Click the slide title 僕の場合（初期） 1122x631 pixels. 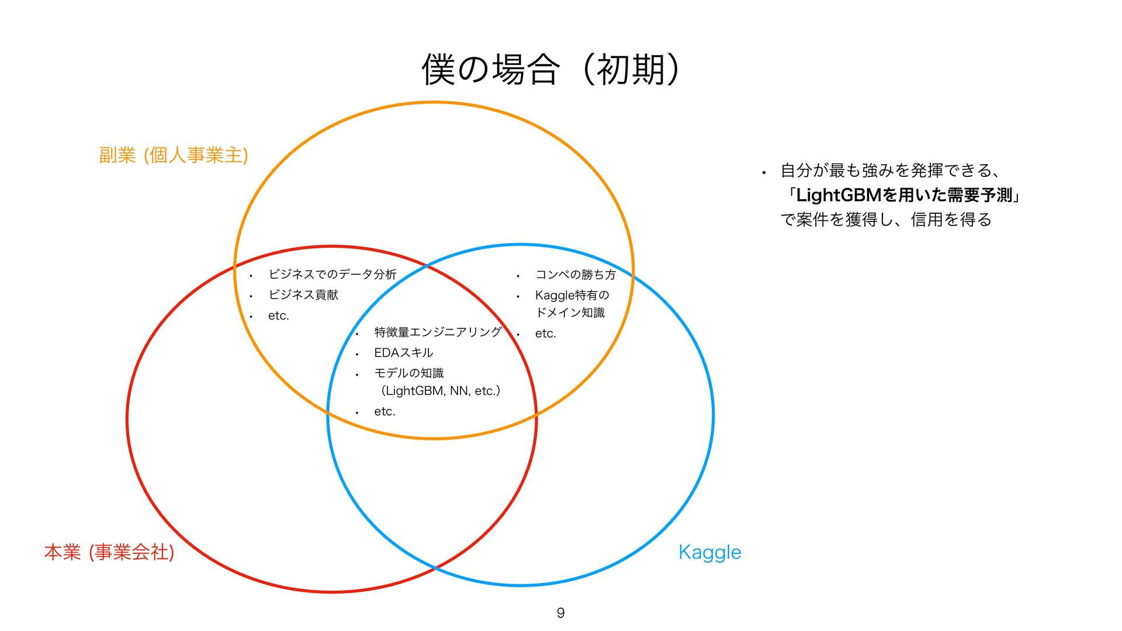pos(550,70)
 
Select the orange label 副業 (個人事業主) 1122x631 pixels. pos(174,155)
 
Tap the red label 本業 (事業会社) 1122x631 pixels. pos(109,552)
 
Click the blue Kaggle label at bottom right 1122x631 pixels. pos(709,552)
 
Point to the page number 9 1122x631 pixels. pos(560,613)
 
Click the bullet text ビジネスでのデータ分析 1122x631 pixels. pos(332,275)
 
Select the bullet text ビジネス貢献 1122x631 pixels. pos(303,295)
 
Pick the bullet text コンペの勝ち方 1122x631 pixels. pos(575,275)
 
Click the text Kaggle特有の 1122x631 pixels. pos(572,296)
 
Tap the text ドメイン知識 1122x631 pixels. pos(570,313)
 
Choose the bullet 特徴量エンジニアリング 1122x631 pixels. pos(438,332)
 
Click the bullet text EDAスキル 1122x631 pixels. pos(403,353)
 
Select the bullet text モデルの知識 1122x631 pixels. pos(408,373)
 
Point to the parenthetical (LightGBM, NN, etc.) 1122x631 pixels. pos(440,391)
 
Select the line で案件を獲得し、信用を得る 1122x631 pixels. pos(886,220)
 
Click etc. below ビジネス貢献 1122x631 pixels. pos(279,316)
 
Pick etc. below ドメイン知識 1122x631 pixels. pos(545,334)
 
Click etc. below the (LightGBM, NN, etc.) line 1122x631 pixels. pos(385,412)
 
